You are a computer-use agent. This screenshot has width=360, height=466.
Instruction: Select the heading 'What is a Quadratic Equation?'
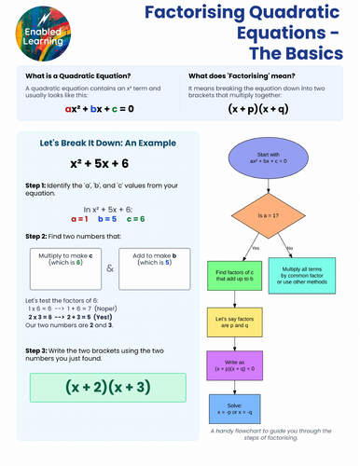tap(65, 76)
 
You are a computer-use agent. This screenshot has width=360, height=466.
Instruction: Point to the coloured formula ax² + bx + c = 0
tap(100, 109)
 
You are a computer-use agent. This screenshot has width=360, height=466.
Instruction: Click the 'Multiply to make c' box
tap(65, 268)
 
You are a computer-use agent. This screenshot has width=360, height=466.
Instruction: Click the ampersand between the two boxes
tap(109, 269)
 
